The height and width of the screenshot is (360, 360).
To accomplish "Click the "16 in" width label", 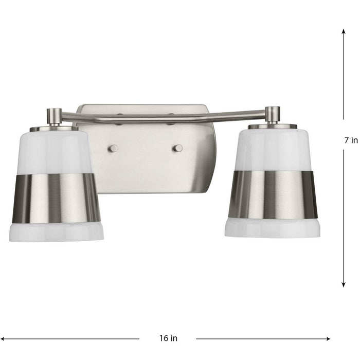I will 168,338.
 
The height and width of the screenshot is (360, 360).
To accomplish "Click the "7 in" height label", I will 351,140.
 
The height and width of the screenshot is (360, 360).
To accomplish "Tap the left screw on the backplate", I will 113,148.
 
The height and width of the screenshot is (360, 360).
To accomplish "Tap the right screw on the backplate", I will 177,148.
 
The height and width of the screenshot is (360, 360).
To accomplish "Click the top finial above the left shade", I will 54,116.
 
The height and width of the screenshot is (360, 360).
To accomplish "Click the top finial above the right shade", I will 273,114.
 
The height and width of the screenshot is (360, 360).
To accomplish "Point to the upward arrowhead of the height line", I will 343,31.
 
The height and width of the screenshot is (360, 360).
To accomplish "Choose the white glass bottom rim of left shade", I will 56,231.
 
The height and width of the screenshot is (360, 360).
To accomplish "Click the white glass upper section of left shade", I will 56,152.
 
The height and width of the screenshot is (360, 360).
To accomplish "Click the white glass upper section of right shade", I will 273,149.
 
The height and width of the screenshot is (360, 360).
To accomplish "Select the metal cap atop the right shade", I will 273,126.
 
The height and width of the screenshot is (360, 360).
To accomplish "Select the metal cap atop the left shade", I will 55,128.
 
